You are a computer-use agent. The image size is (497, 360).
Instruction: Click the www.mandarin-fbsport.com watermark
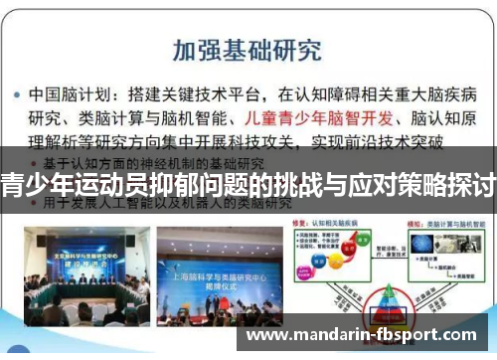[367, 335]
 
